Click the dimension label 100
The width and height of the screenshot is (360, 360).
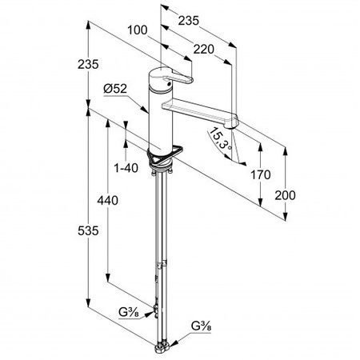[x=138, y=30]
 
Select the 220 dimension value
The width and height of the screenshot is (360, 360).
[x=204, y=50]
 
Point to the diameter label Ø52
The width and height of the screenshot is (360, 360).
[x=115, y=89]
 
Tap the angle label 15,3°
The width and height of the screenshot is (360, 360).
[x=219, y=138]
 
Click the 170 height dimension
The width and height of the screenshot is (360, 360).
[x=261, y=175]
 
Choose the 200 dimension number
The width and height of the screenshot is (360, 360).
[x=285, y=195]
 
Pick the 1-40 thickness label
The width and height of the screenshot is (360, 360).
[x=126, y=168]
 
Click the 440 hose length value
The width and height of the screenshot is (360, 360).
[x=107, y=200]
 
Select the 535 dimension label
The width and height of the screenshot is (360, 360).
[x=88, y=230]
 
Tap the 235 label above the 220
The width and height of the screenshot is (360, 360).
[x=189, y=21]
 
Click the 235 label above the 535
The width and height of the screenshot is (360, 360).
[x=88, y=64]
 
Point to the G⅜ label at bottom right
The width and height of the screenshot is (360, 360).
[x=202, y=326]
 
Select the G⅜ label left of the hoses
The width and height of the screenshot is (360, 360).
[x=129, y=312]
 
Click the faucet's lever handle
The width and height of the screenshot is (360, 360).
[x=179, y=77]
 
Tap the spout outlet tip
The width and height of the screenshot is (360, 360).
[x=231, y=126]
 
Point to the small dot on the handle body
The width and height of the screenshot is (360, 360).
[x=168, y=84]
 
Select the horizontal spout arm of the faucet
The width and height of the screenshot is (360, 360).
[x=199, y=111]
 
